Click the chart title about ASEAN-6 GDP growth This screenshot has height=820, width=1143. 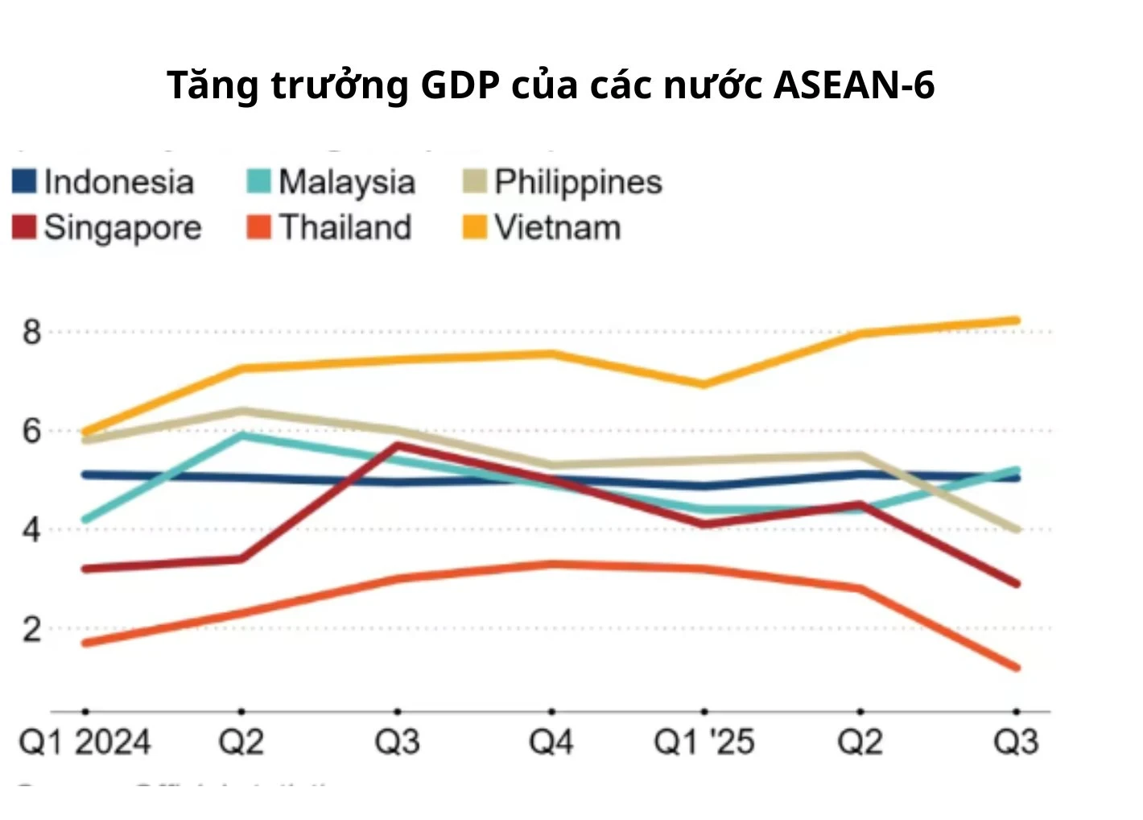tap(551, 85)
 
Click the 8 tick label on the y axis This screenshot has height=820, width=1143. tap(31, 332)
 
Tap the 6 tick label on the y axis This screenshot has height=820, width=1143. tap(31, 431)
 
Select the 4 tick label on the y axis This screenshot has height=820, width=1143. tap(31, 530)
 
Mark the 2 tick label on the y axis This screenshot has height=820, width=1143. tap(31, 629)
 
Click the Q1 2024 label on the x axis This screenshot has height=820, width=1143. tap(85, 742)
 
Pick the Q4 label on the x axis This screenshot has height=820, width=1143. tap(551, 742)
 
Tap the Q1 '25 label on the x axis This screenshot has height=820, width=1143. tap(704, 742)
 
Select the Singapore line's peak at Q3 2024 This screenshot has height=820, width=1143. tap(397, 445)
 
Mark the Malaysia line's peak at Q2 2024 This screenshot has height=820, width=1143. tap(241, 436)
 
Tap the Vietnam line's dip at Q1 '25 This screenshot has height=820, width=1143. tap(704, 384)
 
